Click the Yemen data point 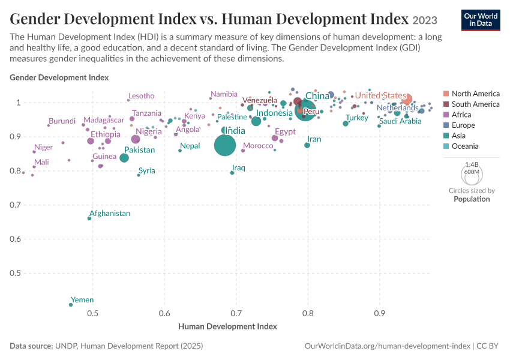click(71, 305)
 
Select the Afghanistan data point click(89, 218)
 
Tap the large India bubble click(225, 145)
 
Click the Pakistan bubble click(124, 158)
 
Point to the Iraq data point click(232, 173)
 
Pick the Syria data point click(139, 175)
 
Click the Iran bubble click(307, 145)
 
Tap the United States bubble click(407, 99)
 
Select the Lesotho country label click(142, 96)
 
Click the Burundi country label click(62, 121)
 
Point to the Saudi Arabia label click(400, 121)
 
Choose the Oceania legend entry click(461, 146)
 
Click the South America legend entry click(471, 104)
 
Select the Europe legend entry click(459, 125)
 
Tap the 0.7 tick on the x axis click(236, 313)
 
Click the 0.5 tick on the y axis click(15, 273)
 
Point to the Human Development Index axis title click(227, 326)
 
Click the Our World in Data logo click(481, 20)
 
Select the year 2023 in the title click(425, 20)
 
